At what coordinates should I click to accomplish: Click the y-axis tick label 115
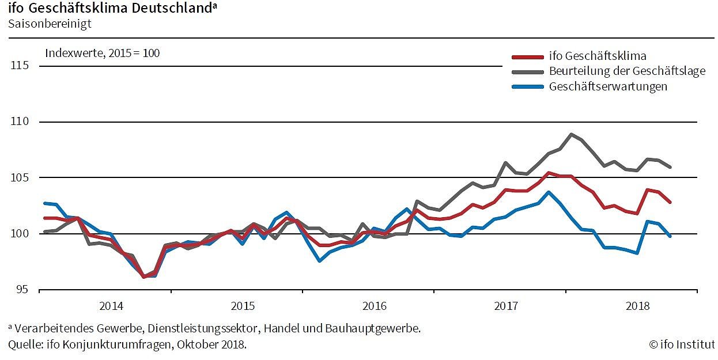[x=20, y=66]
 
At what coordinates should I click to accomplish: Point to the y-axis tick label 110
[x=20, y=122]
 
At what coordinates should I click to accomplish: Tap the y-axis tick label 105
[x=20, y=177]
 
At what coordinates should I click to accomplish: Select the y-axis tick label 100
[x=20, y=233]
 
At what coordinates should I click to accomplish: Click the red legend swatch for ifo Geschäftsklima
[x=528, y=57]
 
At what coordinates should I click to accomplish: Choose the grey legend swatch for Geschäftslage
[x=528, y=71]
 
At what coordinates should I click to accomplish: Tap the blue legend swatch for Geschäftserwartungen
[x=528, y=86]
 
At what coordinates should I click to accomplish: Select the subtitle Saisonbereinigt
[x=50, y=24]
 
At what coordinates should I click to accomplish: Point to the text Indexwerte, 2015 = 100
[x=103, y=53]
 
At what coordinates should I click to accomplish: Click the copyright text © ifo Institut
[x=682, y=344]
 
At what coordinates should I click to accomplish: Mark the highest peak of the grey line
[x=571, y=134]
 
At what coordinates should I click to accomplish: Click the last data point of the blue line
[x=670, y=236]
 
